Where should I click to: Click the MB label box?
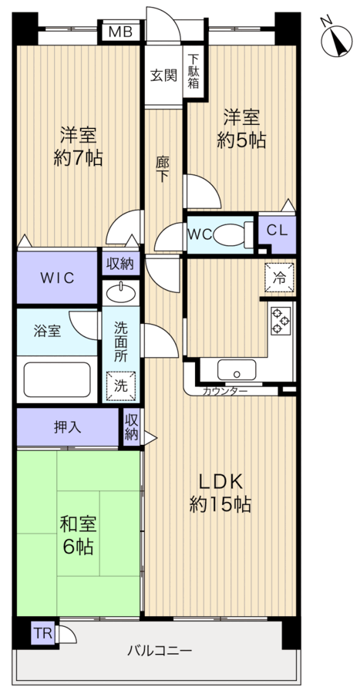tap(119, 32)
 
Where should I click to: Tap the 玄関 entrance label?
tap(163, 76)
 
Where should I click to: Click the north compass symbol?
tap(337, 40)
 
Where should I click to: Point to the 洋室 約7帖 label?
tap(78, 147)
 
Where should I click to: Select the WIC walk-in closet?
tap(58, 278)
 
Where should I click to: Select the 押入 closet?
tap(68, 426)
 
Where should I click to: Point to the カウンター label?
tap(225, 392)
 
